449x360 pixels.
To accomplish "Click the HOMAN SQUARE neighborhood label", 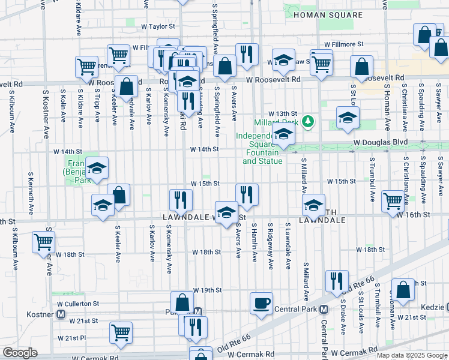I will pos(328,15).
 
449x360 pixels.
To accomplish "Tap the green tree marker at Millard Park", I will pos(309,122).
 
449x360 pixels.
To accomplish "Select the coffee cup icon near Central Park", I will pos(261,303).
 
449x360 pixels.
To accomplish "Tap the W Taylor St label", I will pos(158,26).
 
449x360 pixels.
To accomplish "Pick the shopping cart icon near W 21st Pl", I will pos(121,331).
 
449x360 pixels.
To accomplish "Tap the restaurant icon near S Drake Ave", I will pos(337,281).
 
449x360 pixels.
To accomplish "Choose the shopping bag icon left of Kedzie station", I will pos(403,289).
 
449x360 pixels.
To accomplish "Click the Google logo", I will pos(20,353).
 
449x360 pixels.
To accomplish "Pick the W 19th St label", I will pos(207,290).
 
